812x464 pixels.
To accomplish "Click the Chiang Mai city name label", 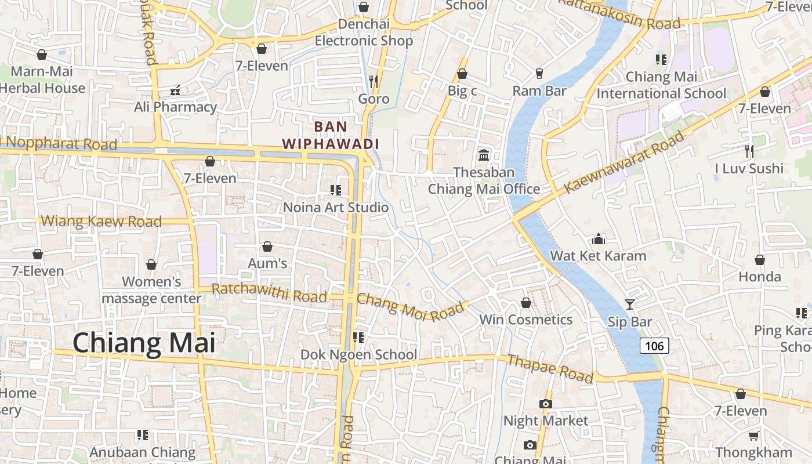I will pyautogui.click(x=144, y=343).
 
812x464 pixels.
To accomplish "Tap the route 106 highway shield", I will pyautogui.click(x=654, y=346).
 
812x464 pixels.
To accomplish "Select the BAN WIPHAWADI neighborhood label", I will pyautogui.click(x=330, y=135).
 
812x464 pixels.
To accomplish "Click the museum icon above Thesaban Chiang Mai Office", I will pyautogui.click(x=484, y=155).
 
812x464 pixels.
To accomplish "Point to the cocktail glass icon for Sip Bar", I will pyautogui.click(x=630, y=304).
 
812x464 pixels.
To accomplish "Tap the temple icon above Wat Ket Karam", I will pyautogui.click(x=598, y=238).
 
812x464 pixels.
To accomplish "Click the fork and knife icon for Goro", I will pyautogui.click(x=374, y=81).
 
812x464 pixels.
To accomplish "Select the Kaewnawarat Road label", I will pyautogui.click(x=624, y=162).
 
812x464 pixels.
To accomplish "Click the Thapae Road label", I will pyautogui.click(x=550, y=369).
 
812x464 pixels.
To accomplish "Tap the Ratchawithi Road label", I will pyautogui.click(x=269, y=293).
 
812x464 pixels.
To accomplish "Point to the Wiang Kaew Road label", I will pyautogui.click(x=101, y=221).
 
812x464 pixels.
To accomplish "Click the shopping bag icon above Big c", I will pyautogui.click(x=462, y=74).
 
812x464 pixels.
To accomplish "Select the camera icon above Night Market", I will pyautogui.click(x=545, y=404).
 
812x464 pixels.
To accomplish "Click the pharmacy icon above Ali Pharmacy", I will pyautogui.click(x=175, y=90).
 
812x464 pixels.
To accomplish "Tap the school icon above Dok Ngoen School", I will pyautogui.click(x=358, y=337).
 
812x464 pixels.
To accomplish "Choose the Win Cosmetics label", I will pyautogui.click(x=525, y=320).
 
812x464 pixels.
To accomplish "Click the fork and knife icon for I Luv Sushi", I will pyautogui.click(x=749, y=151).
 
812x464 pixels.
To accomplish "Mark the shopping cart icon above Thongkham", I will pyautogui.click(x=753, y=436).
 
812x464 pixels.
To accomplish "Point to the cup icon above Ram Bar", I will pyautogui.click(x=539, y=74).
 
